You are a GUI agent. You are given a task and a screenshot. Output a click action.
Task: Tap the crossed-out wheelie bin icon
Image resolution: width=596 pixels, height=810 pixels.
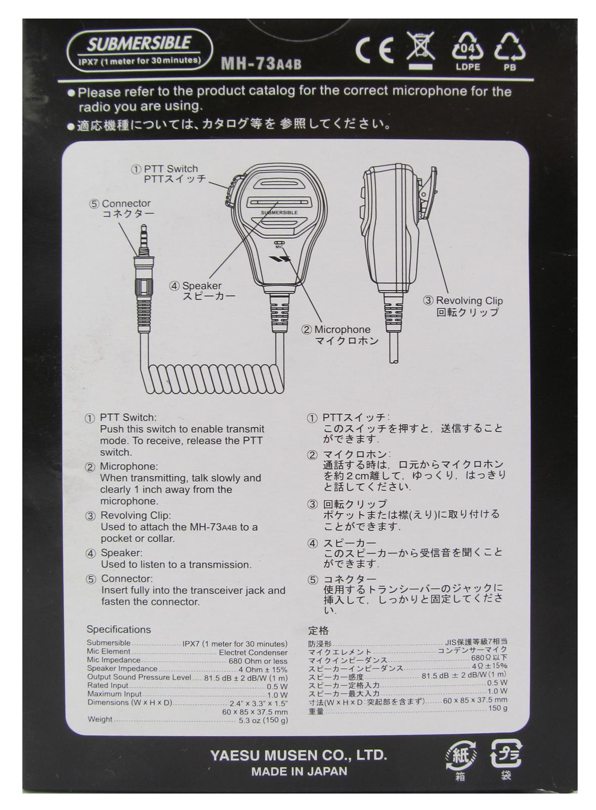(x=421, y=49)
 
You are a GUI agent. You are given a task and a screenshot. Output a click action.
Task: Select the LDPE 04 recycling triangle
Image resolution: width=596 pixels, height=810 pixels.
(x=467, y=49)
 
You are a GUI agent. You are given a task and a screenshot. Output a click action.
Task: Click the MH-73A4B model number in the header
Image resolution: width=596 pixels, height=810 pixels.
(x=261, y=64)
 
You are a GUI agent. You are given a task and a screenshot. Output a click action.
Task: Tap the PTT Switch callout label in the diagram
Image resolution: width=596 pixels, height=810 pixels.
(x=171, y=174)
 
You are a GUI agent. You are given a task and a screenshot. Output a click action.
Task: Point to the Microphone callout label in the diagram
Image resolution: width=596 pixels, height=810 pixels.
(x=342, y=335)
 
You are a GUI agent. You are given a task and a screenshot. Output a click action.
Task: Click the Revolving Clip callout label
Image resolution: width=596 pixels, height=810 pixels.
(x=469, y=306)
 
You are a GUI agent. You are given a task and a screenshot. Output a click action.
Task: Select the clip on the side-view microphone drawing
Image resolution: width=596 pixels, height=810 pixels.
(x=428, y=195)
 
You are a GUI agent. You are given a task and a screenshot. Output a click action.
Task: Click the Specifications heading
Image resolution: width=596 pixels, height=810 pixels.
(x=118, y=629)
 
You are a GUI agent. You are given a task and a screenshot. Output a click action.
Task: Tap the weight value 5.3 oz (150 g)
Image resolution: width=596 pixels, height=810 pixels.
(x=263, y=720)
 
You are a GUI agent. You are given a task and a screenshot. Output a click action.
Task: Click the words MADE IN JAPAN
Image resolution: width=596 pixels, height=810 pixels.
(x=299, y=772)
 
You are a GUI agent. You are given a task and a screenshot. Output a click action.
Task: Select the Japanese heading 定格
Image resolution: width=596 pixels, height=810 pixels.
(x=318, y=631)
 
